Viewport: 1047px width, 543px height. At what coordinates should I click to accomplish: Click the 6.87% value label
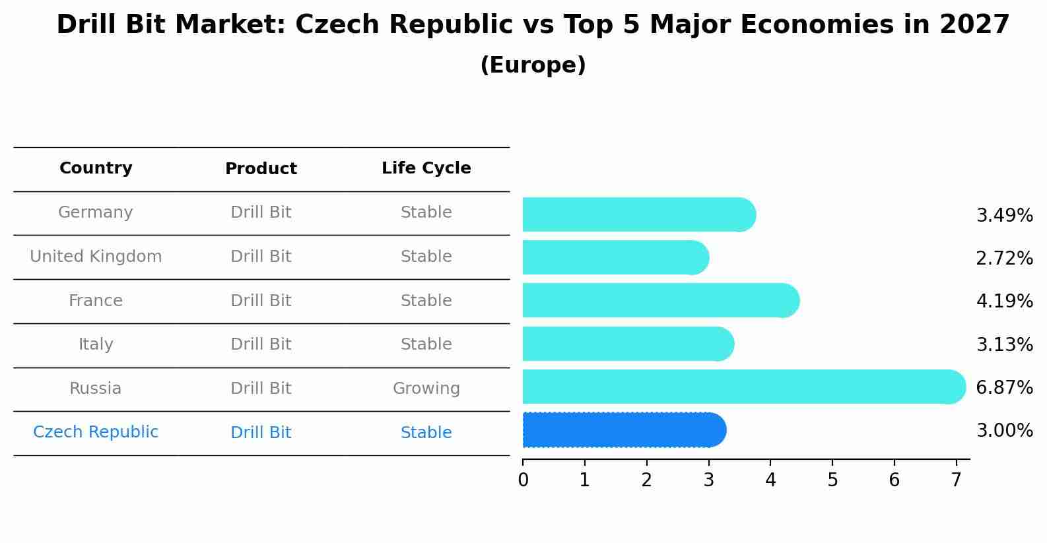tap(1004, 387)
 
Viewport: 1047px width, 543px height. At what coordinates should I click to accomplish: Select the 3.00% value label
tap(1004, 431)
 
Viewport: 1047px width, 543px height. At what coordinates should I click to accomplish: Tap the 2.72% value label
tap(1004, 258)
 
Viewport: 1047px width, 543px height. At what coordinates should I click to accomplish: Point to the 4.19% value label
tap(1004, 301)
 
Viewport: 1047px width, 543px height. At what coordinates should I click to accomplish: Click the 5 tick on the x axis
tap(832, 480)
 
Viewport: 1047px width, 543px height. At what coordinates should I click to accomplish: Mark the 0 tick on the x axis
tap(523, 480)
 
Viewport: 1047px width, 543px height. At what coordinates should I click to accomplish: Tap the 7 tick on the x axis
tap(956, 480)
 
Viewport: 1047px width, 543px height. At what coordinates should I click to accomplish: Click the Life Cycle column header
tap(426, 168)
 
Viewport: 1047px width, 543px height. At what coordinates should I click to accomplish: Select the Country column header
tap(96, 168)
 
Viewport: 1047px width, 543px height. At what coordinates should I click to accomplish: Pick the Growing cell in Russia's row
tap(426, 389)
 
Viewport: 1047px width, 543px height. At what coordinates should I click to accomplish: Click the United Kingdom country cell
tap(96, 257)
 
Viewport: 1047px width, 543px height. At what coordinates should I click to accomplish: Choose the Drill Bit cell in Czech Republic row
tap(261, 433)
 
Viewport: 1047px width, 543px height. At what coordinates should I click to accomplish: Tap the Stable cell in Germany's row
tap(426, 212)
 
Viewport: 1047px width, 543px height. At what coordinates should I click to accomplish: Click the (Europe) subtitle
tap(533, 65)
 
